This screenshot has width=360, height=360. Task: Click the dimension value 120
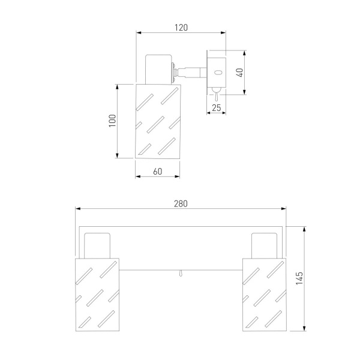tap(181, 28)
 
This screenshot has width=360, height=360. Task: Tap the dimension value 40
tap(239, 73)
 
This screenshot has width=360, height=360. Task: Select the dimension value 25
tap(216, 107)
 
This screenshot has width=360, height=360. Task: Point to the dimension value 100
tap(112, 121)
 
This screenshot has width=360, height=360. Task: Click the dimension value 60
tap(157, 172)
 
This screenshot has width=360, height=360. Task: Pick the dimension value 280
tap(181, 203)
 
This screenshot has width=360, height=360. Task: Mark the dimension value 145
tap(299, 278)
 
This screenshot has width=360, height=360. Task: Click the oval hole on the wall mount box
tap(218, 73)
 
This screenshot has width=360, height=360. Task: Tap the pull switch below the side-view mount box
tap(216, 94)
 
